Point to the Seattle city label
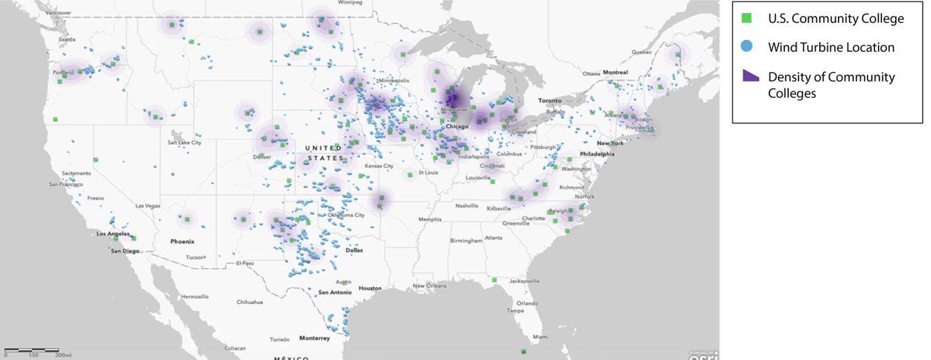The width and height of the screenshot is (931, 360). point(68,39)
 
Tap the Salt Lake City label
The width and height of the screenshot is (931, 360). point(184,143)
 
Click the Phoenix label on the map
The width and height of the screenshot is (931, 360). point(183,241)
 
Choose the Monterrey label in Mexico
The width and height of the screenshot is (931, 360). point(314,338)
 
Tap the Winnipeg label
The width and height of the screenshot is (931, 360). point(350,3)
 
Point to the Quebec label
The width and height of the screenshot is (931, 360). point(642,52)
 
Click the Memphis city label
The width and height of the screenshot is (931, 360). point(430,219)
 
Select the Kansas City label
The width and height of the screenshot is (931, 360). point(379,166)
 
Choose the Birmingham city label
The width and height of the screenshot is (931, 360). point(466,241)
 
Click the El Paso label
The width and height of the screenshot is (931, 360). point(245,263)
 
